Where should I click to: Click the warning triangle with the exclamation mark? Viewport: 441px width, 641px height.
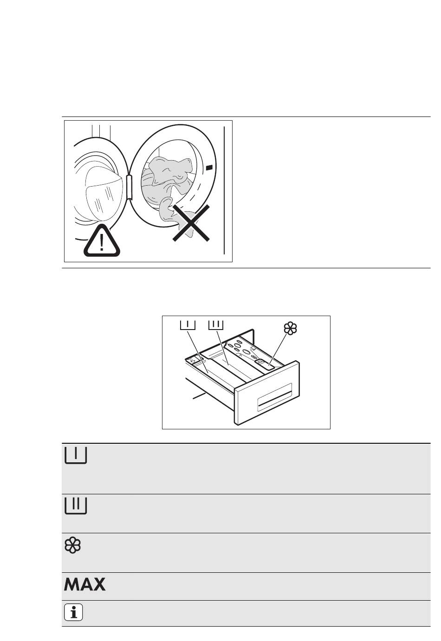(102, 241)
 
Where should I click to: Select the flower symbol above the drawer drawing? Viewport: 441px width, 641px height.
(290, 329)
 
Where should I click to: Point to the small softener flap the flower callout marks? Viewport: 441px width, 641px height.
(263, 363)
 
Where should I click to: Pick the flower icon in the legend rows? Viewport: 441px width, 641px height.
(72, 546)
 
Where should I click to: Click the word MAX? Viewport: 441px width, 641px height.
(84, 584)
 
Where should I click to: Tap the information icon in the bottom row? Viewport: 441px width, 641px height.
(73, 613)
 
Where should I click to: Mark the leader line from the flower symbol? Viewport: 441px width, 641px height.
(278, 347)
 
